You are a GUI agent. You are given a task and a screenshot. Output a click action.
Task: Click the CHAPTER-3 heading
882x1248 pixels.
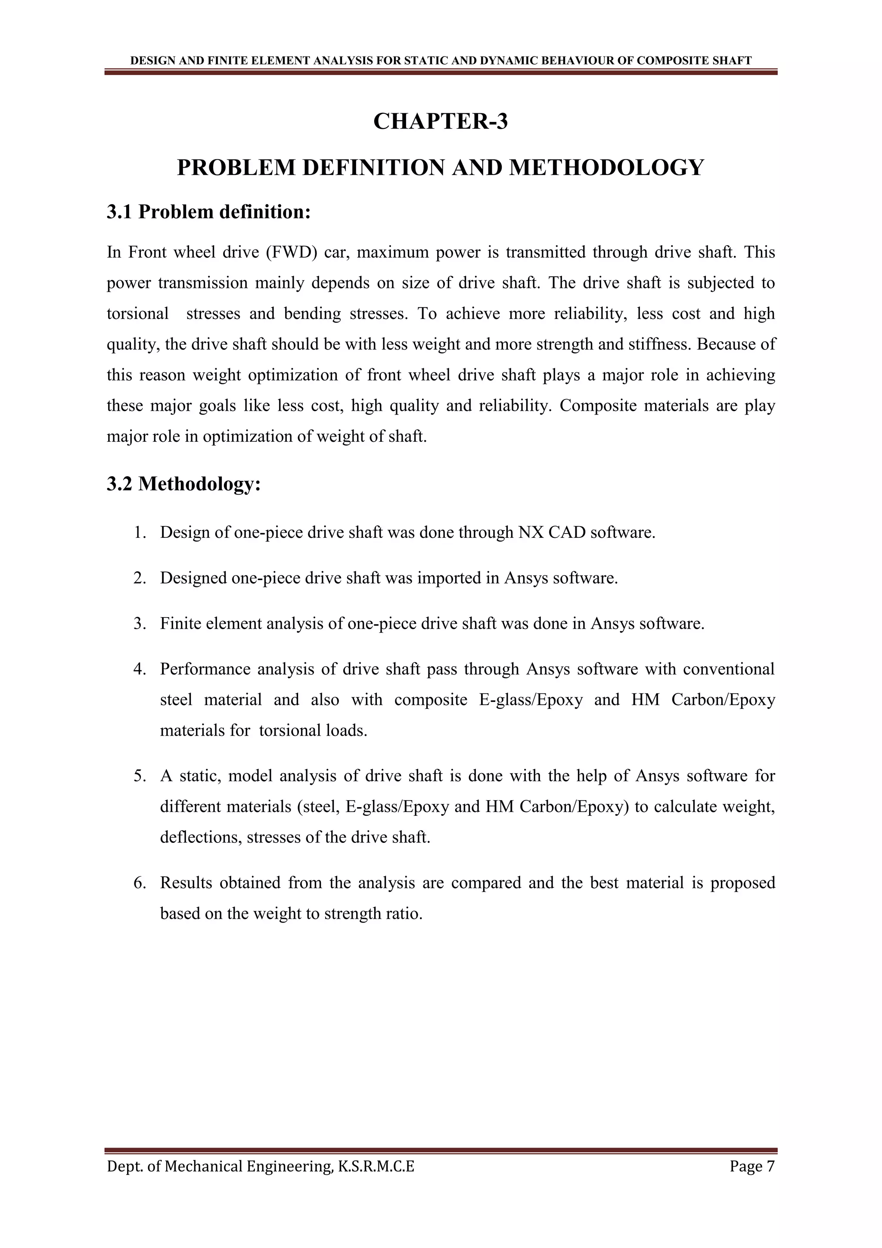pos(441,121)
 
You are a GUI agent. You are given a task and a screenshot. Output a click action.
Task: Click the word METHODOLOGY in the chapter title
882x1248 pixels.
pos(606,167)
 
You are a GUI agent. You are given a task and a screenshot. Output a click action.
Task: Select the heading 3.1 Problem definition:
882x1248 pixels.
pos(208,212)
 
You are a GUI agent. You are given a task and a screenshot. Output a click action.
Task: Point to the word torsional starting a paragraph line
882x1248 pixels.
pos(137,314)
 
